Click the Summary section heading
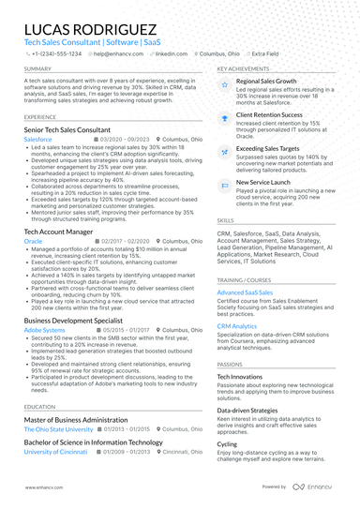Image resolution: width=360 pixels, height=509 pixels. pos(38,69)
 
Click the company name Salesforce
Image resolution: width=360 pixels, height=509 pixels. pos(38,138)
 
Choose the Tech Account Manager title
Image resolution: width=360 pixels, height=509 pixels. pos(58,230)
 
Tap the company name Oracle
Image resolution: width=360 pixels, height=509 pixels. pos(33,241)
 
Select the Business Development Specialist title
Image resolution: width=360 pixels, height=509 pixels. pos(75,320)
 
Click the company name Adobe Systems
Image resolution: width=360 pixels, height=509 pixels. pos(44,331)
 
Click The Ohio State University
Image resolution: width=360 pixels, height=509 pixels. pos(59,429)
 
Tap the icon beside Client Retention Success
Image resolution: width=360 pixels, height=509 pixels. pos(226,116)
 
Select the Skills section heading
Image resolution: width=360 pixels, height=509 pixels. pos(226,219)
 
